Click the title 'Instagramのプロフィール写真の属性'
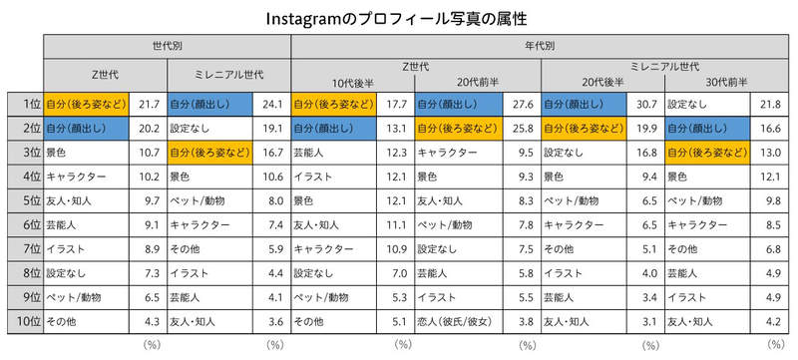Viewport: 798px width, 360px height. tap(398, 18)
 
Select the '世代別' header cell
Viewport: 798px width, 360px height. tap(166, 47)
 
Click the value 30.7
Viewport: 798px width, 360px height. tap(646, 103)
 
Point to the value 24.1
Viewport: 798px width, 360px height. tap(271, 103)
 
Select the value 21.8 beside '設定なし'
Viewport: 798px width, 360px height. tap(770, 103)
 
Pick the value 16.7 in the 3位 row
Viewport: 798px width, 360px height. tap(271, 152)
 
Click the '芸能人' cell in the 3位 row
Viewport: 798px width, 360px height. tap(313, 152)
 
